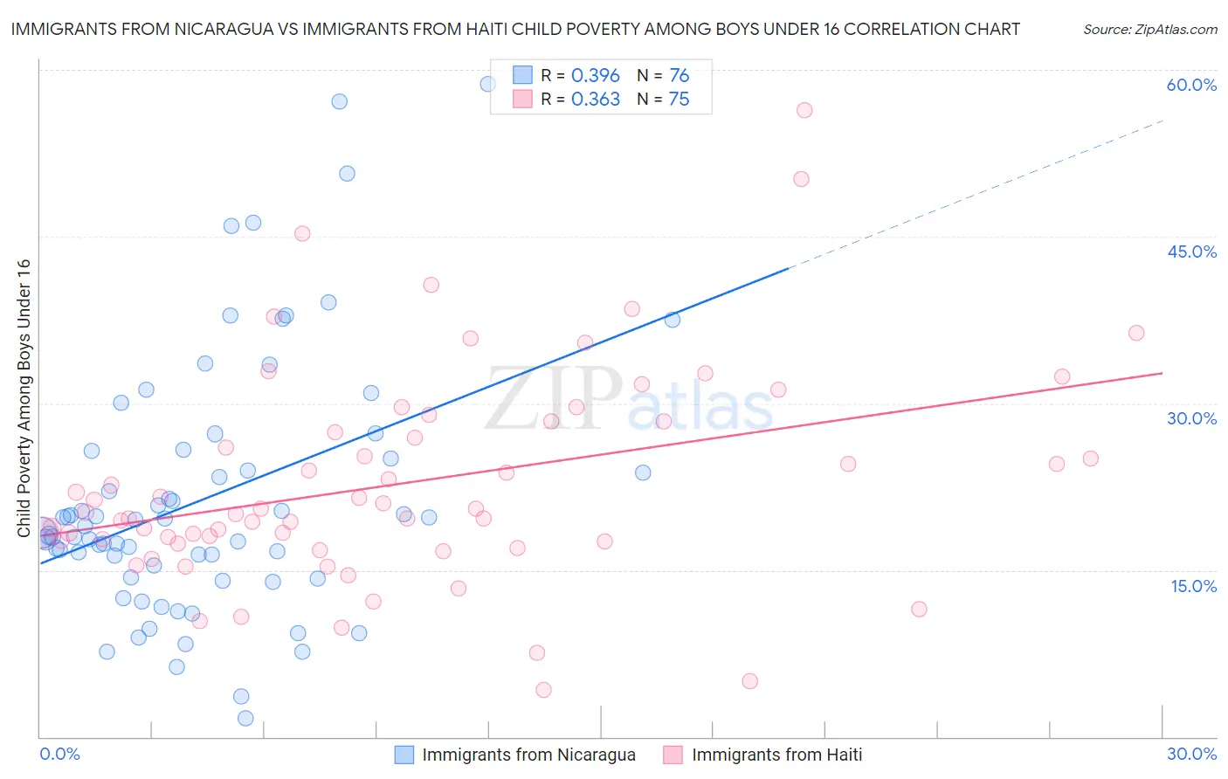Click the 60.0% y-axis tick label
(x=1191, y=85)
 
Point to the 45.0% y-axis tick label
(x=1191, y=252)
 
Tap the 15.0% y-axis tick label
(x=1193, y=586)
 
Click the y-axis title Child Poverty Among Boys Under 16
(x=24, y=398)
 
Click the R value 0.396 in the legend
(x=595, y=76)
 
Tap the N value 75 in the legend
(x=679, y=100)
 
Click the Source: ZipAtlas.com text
(x=1149, y=30)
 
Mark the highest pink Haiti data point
(x=804, y=110)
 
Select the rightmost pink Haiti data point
(x=1136, y=333)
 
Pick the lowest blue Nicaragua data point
(x=245, y=718)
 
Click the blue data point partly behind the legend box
(x=488, y=84)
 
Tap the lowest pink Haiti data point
(x=543, y=690)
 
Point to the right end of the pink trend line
(x=1162, y=373)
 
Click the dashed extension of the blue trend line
(x=978, y=194)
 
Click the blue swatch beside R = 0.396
(x=522, y=76)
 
